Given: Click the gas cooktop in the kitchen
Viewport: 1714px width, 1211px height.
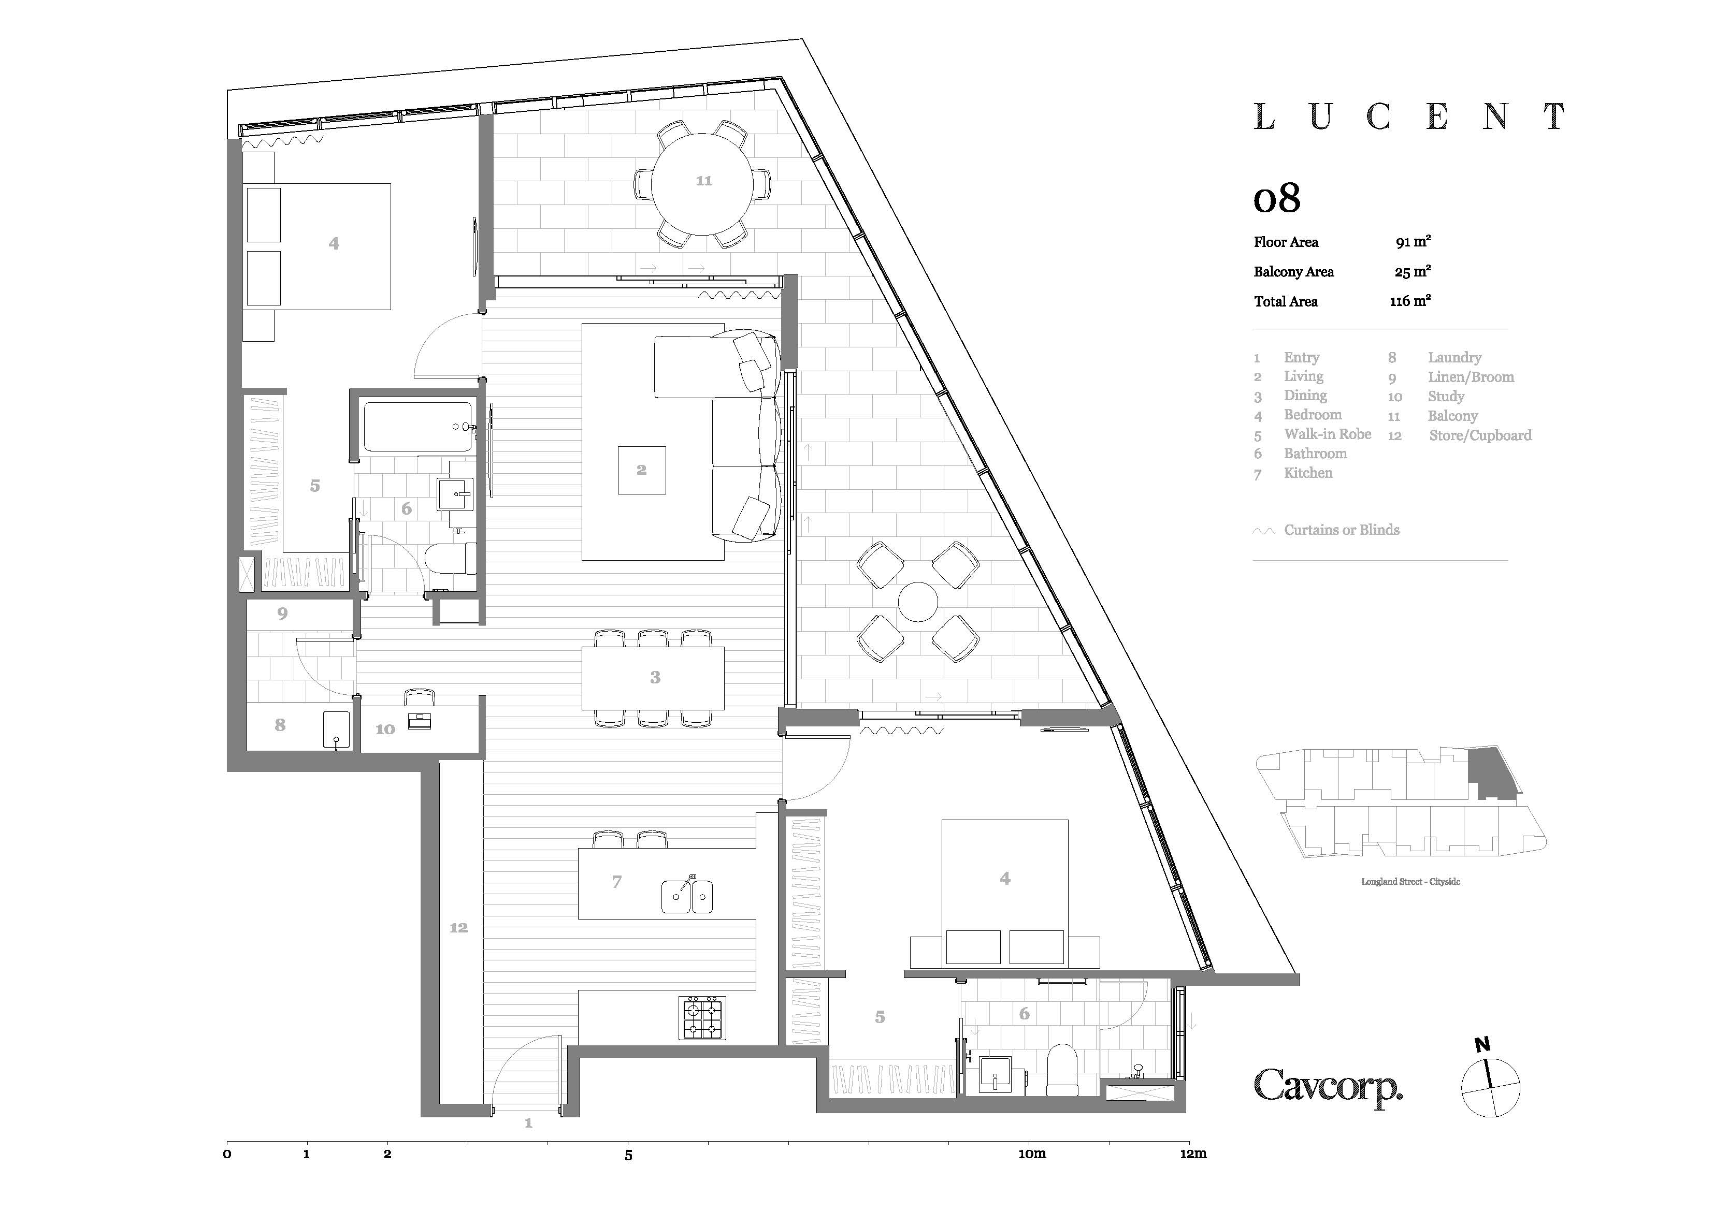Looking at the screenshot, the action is (702, 1018).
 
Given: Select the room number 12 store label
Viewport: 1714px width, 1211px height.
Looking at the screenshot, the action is (458, 927).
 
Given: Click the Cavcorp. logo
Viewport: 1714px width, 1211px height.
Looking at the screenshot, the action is (1328, 1086).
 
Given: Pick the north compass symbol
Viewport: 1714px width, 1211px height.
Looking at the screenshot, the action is (1489, 1083).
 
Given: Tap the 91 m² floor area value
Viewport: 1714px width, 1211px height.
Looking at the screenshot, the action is (1413, 242).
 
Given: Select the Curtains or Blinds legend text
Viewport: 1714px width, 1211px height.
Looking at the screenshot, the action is (1342, 530).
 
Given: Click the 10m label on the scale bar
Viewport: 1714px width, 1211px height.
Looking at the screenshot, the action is (1032, 1154).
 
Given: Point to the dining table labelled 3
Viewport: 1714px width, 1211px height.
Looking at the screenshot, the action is (653, 678).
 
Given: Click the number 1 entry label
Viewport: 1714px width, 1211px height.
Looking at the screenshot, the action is (528, 1123).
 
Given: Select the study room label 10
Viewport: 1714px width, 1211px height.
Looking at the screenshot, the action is (384, 729).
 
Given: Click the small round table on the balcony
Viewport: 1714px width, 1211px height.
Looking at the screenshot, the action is (917, 602).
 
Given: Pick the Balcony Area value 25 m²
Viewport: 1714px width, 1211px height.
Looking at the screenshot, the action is (1413, 272).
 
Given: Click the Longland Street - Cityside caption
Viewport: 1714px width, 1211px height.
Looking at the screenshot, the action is (1410, 881).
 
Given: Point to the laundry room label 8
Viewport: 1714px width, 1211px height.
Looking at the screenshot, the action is (280, 724).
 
